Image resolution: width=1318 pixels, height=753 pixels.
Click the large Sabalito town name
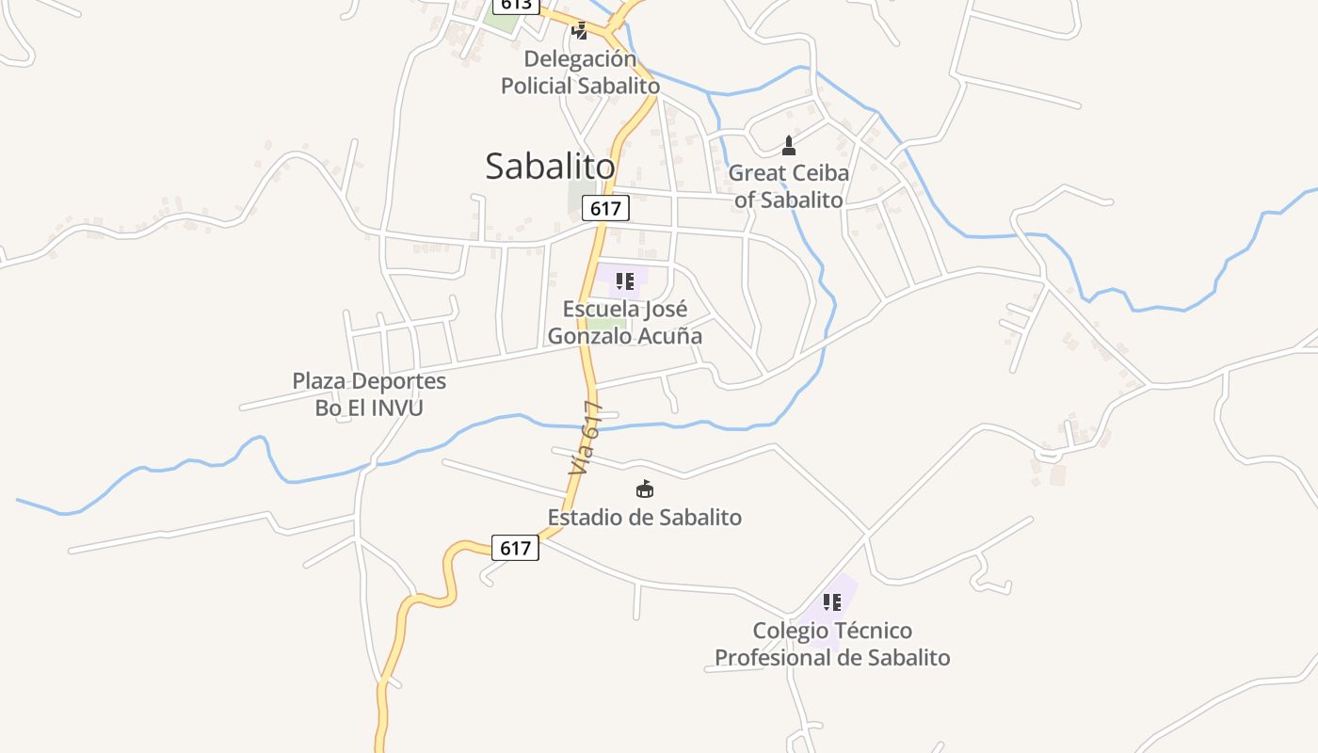pos(550,167)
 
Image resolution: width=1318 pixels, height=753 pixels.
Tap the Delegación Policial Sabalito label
pos(580,72)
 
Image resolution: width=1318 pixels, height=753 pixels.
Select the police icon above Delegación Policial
pos(580,31)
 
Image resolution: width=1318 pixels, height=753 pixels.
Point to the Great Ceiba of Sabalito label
pos(789,186)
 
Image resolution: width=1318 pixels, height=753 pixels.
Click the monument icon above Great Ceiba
pos(789,145)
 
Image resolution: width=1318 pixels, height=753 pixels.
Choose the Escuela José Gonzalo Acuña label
pos(625,322)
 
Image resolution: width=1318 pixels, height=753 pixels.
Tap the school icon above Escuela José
pos(625,280)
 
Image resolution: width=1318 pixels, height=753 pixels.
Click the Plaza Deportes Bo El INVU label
pos(369,394)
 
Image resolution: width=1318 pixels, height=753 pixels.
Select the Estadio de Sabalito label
pos(645,517)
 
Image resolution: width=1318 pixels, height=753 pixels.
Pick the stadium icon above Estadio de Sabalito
pos(645,489)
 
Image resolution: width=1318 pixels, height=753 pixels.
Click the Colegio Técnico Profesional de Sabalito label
pos(832,644)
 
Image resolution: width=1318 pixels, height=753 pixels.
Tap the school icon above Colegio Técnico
pos(832,602)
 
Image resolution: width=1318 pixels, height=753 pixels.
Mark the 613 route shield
pos(516,5)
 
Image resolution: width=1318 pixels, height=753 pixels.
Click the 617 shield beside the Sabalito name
pos(604,208)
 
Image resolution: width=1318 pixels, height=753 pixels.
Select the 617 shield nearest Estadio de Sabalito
pos(515,547)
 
